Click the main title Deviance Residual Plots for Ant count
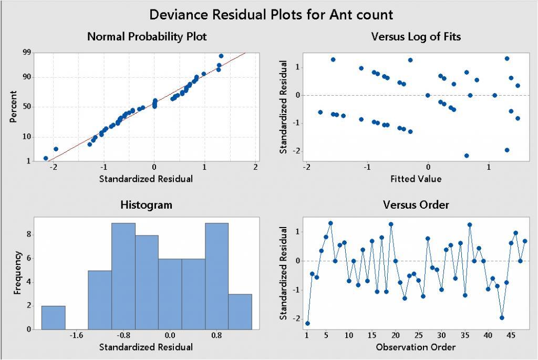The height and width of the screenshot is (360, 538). tap(271, 14)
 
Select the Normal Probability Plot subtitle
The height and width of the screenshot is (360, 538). tap(147, 37)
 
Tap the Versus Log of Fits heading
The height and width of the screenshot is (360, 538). tap(416, 37)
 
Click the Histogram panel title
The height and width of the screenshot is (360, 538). tap(146, 205)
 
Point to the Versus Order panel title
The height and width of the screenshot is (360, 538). tap(416, 205)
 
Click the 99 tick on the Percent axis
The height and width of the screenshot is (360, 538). tap(27, 53)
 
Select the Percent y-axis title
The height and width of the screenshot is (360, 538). tap(14, 107)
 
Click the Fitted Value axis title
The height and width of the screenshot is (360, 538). tap(416, 179)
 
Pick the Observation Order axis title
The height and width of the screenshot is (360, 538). tap(416, 347)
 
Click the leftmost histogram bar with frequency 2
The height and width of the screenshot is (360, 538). tap(53, 317)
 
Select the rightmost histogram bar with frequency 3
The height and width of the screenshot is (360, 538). tap(240, 312)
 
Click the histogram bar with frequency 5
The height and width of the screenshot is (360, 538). tap(100, 300)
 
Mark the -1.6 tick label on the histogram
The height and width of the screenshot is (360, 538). tap(77, 335)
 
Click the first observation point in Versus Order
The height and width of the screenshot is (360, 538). tap(307, 323)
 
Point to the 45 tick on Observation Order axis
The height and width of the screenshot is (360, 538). tap(511, 335)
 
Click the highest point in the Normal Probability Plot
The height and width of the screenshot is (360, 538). tap(221, 56)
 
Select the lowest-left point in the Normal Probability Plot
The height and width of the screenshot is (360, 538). tap(46, 158)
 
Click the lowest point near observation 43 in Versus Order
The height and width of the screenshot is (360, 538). tap(502, 317)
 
